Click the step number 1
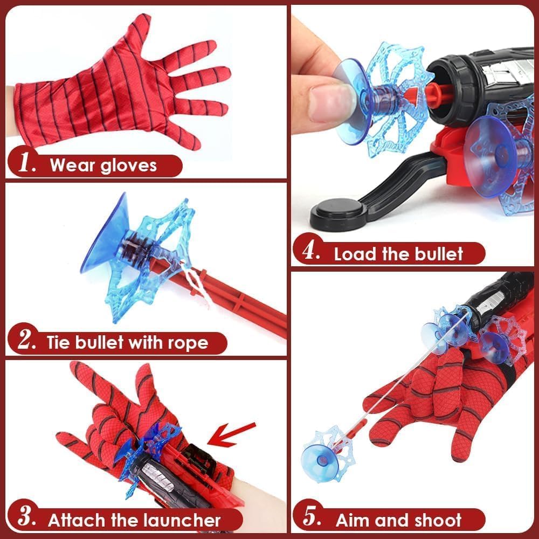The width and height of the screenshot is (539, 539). pyautogui.click(x=27, y=164)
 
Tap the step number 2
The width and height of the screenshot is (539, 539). pyautogui.click(x=27, y=342)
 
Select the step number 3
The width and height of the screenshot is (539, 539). pyautogui.click(x=27, y=519)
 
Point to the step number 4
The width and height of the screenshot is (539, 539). pyautogui.click(x=312, y=253)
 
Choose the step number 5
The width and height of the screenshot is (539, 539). pyautogui.click(x=312, y=519)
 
